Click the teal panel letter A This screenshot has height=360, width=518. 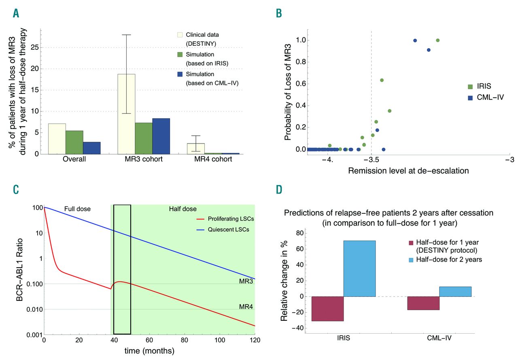pyautogui.click(x=16, y=13)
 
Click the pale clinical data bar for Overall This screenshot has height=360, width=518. pyautogui.click(x=57, y=139)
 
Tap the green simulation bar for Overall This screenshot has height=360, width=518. pyautogui.click(x=74, y=142)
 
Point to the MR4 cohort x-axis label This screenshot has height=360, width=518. pyautogui.click(x=213, y=159)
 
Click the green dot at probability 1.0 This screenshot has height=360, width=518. pyautogui.click(x=438, y=40)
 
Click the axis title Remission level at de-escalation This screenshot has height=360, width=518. pyautogui.click(x=408, y=171)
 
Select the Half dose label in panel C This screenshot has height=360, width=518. pyautogui.click(x=183, y=209)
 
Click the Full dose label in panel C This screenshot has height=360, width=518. pyautogui.click(x=77, y=209)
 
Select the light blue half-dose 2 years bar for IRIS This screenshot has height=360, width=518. pyautogui.click(x=360, y=268)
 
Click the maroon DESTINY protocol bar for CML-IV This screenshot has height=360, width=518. pyautogui.click(x=423, y=303)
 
